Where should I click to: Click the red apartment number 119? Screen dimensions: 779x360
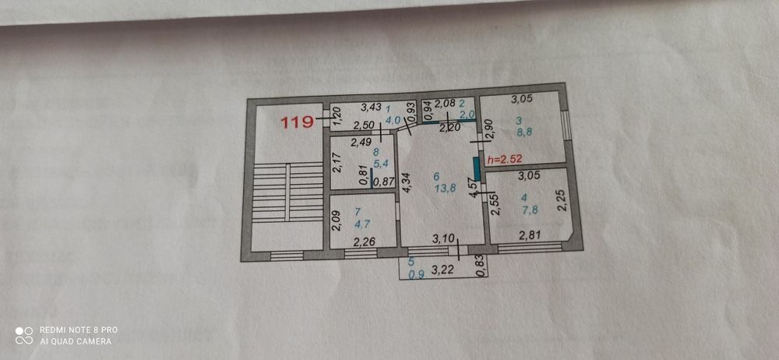coord(297,122)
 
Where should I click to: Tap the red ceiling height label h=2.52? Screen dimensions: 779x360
coord(505,159)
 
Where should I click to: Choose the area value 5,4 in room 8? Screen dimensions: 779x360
coord(381,163)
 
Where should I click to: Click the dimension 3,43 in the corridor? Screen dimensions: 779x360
coord(371,106)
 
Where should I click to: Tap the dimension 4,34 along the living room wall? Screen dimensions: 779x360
coord(405,182)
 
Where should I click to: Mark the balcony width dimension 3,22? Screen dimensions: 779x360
coord(442,271)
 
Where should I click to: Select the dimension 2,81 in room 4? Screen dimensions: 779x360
coord(530,235)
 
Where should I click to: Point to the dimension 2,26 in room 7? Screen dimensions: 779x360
coord(364,242)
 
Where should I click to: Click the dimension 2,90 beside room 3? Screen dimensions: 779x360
coord(488,130)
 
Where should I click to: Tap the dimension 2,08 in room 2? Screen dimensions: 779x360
coord(445,104)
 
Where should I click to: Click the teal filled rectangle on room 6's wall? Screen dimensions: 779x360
coord(477,169)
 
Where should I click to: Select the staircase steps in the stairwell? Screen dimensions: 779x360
coord(287,192)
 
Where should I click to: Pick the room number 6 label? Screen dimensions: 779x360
coord(436,176)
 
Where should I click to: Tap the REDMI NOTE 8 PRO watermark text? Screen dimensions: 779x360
coord(79,330)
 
